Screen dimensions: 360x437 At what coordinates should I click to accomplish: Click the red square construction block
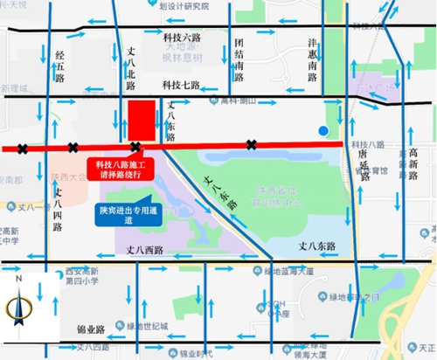142,121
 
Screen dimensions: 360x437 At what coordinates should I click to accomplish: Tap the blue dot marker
324,131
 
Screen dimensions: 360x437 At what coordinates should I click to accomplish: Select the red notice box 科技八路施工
125,168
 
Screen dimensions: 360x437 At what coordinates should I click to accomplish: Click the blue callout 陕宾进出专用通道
122,215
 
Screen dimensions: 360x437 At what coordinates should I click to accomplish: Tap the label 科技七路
182,85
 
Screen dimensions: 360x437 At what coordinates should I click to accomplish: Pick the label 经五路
59,65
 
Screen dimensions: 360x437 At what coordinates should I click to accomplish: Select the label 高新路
413,164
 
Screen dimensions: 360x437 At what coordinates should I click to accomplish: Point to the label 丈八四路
58,207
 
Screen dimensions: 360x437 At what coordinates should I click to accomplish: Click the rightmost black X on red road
252,144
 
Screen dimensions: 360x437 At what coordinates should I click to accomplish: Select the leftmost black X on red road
22,148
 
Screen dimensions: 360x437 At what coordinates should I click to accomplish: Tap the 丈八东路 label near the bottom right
316,247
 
